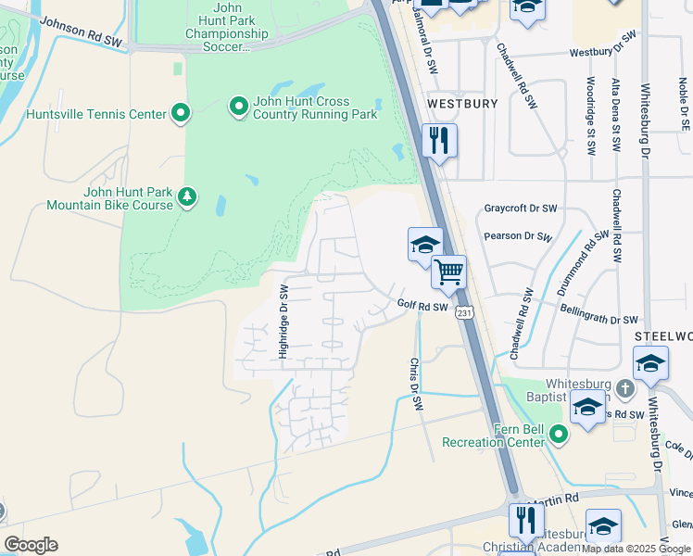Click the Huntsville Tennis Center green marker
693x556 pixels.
point(181,114)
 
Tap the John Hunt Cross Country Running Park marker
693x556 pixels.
point(238,107)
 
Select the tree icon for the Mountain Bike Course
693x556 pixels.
point(187,197)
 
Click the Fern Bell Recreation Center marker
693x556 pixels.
point(558,433)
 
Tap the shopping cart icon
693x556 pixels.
point(448,272)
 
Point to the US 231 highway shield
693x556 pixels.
point(464,314)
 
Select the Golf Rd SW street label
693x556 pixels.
point(422,305)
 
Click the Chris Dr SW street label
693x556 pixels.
point(416,385)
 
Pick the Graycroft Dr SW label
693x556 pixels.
point(521,208)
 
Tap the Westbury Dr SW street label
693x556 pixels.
point(603,45)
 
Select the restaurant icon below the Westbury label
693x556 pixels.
point(438,141)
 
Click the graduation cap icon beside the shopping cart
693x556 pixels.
point(424,245)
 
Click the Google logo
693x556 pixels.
point(31,544)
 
